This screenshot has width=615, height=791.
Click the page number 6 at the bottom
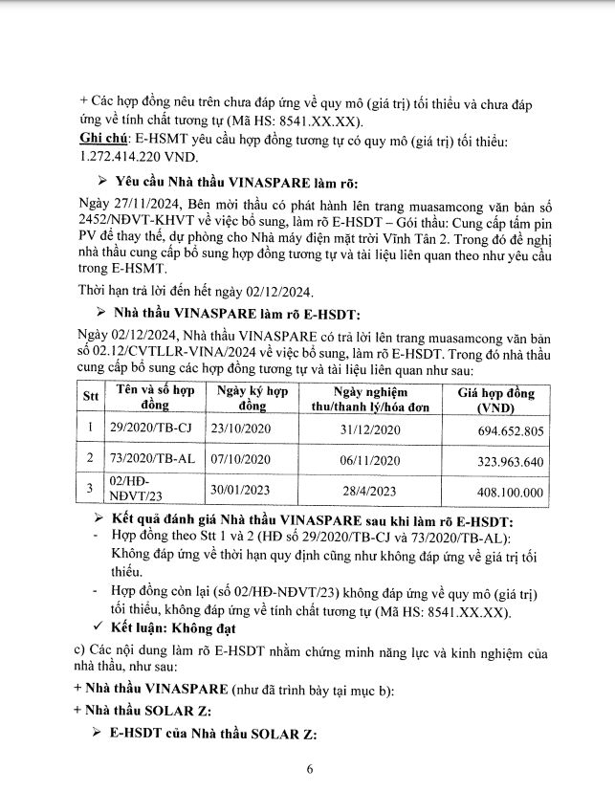point(309,768)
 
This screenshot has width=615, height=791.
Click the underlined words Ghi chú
point(99,140)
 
